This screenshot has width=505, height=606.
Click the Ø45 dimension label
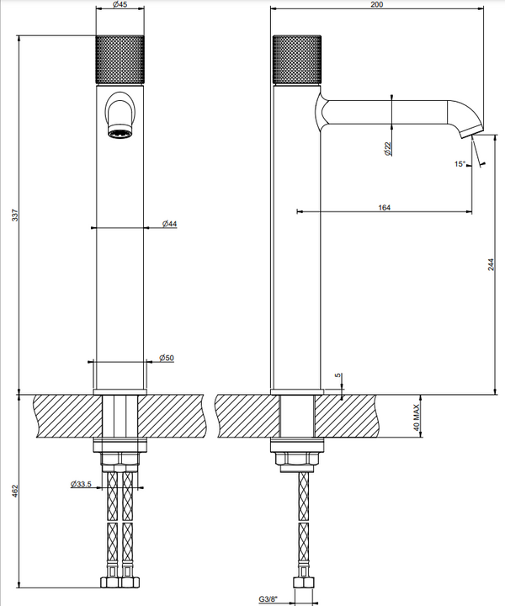coord(120,5)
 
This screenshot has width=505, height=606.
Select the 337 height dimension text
coord(15,215)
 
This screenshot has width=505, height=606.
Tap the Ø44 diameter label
coord(169,224)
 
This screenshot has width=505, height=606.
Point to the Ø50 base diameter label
coord(167,358)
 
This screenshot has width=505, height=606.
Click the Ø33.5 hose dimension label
coord(81,484)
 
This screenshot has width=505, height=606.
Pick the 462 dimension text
coord(15,491)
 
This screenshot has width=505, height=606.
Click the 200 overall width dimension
coord(377,4)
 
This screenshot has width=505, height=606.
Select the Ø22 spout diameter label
coord(388,149)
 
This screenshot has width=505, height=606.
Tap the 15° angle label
coord(460,164)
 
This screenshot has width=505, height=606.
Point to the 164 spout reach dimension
coord(384,208)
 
